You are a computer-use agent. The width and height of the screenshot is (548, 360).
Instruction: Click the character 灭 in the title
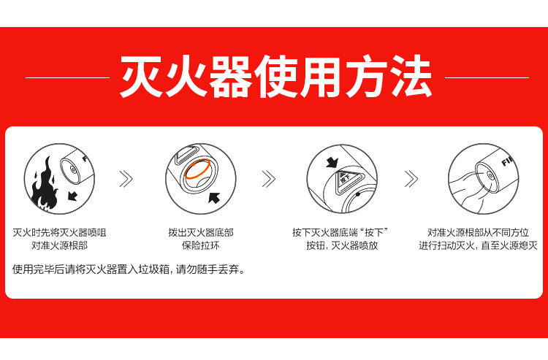click(x=141, y=76)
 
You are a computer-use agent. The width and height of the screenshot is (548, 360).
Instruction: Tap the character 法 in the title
click(x=411, y=76)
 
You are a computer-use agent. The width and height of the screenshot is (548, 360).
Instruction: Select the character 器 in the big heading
click(x=231, y=76)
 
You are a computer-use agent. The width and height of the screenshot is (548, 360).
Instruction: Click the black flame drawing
click(x=44, y=185)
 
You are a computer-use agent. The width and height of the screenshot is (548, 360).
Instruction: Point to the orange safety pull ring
click(x=197, y=169)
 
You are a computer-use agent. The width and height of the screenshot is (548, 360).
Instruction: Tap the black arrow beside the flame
click(x=72, y=196)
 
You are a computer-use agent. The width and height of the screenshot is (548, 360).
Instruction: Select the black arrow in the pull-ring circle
click(x=214, y=197)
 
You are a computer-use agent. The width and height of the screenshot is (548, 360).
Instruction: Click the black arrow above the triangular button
click(x=332, y=162)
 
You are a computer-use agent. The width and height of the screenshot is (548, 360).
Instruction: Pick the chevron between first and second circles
click(x=126, y=179)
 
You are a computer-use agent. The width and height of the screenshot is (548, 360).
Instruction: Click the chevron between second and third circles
click(x=268, y=179)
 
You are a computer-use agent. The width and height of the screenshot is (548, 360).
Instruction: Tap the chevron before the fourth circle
click(x=411, y=179)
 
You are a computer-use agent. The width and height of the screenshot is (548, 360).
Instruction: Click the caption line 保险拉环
click(x=201, y=246)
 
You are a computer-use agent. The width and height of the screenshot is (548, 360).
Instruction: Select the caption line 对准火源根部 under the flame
click(x=59, y=246)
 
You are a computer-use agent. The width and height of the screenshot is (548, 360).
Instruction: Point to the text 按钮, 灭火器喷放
click(x=342, y=246)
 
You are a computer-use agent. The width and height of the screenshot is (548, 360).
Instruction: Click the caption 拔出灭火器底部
click(x=201, y=232)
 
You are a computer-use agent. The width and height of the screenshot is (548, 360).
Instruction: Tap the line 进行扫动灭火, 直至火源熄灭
click(x=478, y=246)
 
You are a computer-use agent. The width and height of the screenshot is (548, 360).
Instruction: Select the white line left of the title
click(x=67, y=77)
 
